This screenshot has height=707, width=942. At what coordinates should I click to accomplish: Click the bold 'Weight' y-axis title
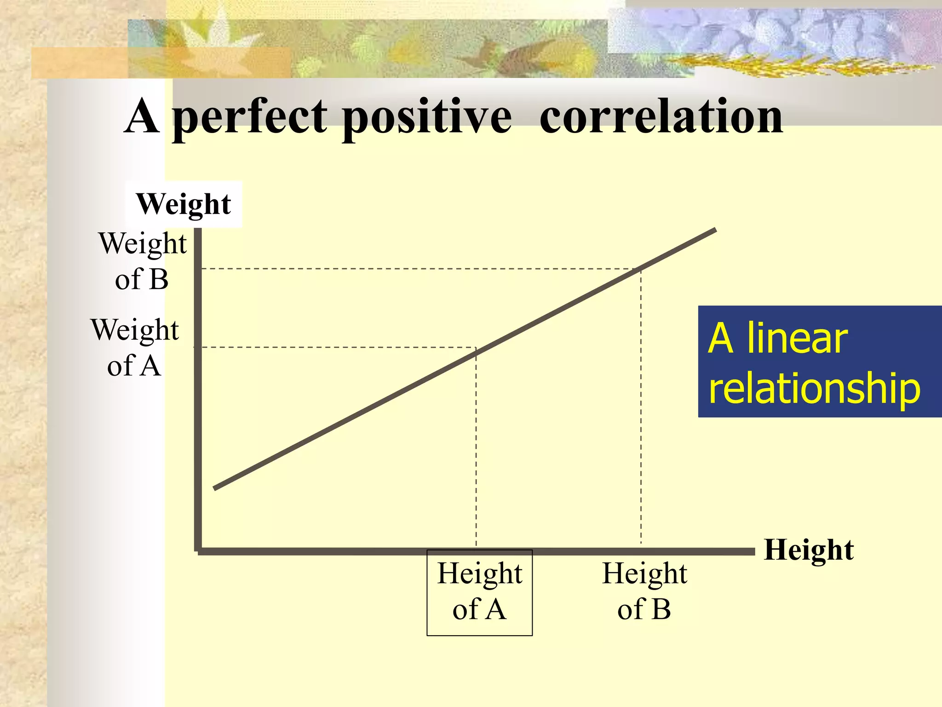[x=184, y=204]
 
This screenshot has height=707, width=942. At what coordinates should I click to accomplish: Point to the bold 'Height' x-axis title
[x=809, y=550]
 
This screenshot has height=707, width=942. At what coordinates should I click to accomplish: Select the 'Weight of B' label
[x=143, y=261]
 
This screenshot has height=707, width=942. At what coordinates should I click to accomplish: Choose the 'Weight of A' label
[x=135, y=348]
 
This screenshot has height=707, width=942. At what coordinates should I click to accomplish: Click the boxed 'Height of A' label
[x=479, y=592]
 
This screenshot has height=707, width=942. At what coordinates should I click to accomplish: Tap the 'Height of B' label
[x=644, y=592]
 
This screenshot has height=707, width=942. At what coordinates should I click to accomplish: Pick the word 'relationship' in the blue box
[x=814, y=388]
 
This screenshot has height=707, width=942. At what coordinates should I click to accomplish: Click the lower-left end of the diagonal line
[x=215, y=488]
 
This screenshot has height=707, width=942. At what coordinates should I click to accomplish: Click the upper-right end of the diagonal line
[x=715, y=230]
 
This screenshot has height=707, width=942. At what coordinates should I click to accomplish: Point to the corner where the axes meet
[x=198, y=551]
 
